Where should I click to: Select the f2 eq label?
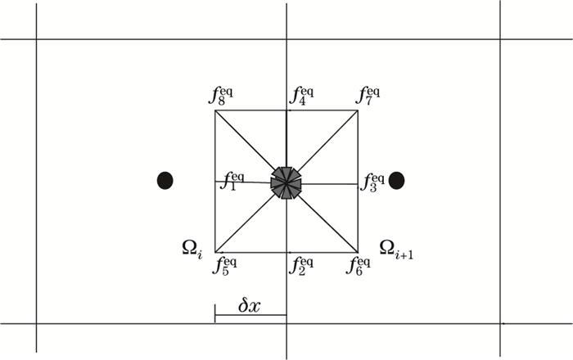click(x=301, y=264)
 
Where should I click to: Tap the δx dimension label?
click(x=249, y=306)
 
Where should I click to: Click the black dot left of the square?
click(x=165, y=181)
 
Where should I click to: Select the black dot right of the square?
click(x=397, y=181)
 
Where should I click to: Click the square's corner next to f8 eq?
click(x=215, y=110)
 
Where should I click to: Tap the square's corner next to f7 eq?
click(x=358, y=110)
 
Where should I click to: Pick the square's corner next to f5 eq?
click(x=215, y=252)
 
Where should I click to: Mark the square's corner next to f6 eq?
click(x=358, y=252)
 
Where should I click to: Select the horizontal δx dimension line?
click(x=250, y=315)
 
